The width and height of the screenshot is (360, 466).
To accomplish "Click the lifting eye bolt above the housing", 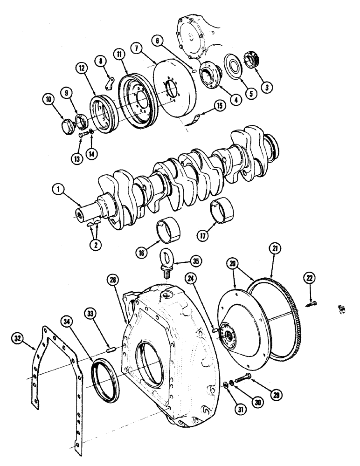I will click(166, 261).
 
